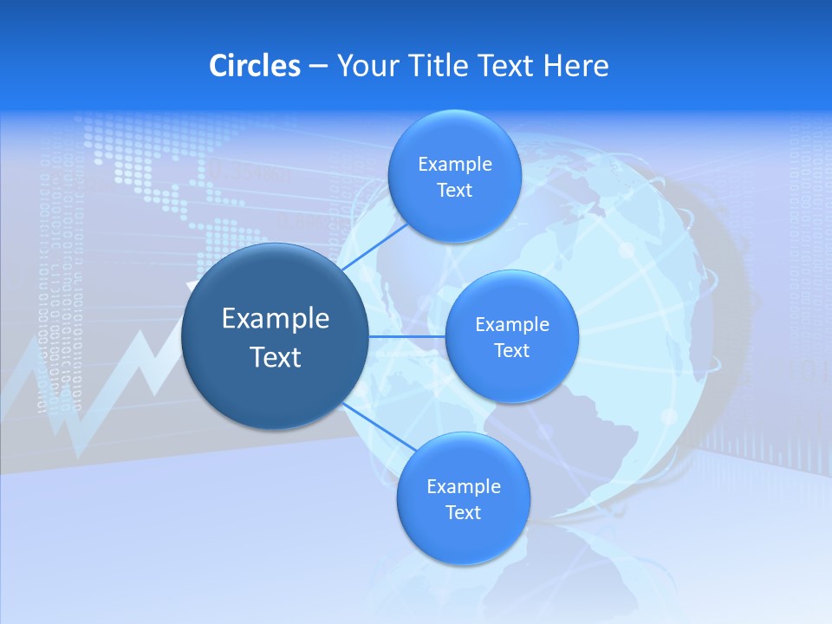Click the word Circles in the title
[255, 66]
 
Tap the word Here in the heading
[576, 66]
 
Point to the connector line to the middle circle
[406, 336]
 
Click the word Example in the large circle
[275, 318]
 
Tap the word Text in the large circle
[275, 356]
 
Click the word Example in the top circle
[454, 165]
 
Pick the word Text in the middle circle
[511, 351]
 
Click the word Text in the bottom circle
[463, 512]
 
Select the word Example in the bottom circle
[463, 486]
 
